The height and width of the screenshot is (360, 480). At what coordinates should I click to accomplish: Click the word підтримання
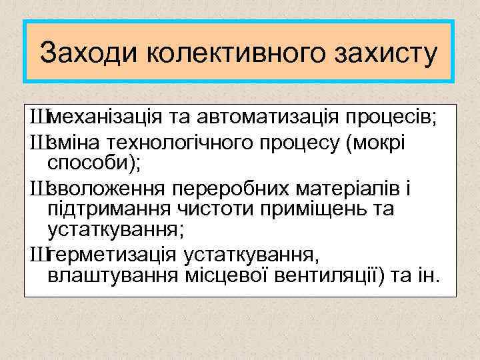tap(107, 209)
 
